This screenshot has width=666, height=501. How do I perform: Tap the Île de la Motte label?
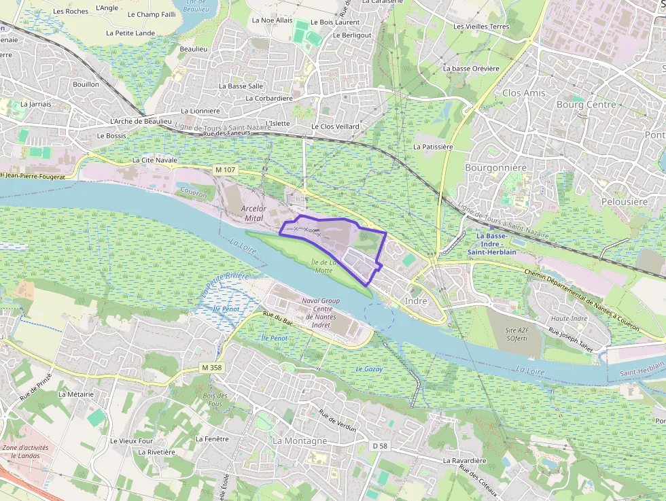[323, 266]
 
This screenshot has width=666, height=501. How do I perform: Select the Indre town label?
[416, 300]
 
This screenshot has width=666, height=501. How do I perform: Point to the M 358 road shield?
[212, 368]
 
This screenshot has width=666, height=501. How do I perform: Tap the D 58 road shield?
[379, 446]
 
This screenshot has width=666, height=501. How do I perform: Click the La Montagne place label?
[300, 440]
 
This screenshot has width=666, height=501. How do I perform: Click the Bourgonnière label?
[496, 167]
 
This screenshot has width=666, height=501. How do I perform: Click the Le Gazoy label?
[369, 369]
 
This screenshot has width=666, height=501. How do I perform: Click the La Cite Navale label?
[154, 160]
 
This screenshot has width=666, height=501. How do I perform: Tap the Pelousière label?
[625, 202]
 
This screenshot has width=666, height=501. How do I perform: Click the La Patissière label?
[433, 146]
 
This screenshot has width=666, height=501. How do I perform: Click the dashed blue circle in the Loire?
[379, 317]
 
